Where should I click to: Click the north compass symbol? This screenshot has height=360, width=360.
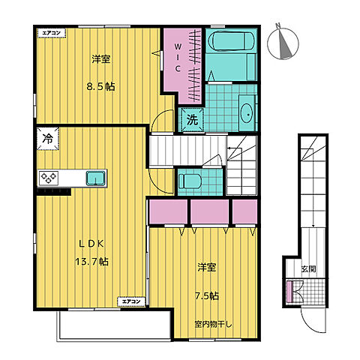pyautogui.click(x=283, y=43)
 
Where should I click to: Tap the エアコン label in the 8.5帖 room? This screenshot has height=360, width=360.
pyautogui.click(x=52, y=33)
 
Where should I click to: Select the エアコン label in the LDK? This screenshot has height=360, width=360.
pyautogui.click(x=131, y=301)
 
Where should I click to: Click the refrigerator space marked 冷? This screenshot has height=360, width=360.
pyautogui.click(x=48, y=139)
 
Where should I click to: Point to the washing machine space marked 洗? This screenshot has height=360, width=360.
pyautogui.click(x=192, y=120)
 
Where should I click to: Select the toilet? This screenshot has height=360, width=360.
pyautogui.click(x=190, y=181)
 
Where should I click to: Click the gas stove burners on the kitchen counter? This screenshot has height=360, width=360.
pyautogui.click(x=49, y=178)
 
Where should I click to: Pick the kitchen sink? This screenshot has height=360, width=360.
pyautogui.click(x=96, y=178)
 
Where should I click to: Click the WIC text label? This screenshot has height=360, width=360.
pyautogui.click(x=178, y=58)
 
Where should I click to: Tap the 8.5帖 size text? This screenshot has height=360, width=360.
pyautogui.click(x=100, y=87)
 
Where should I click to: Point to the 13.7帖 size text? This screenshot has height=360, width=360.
pyautogui.click(x=92, y=262)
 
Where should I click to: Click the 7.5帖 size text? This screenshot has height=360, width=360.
pyautogui.click(x=207, y=296)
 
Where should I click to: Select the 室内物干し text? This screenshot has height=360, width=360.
pyautogui.click(x=213, y=325)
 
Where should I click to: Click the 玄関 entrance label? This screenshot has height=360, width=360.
pyautogui.click(x=309, y=269)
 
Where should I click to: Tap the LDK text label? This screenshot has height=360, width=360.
pyautogui.click(x=91, y=244)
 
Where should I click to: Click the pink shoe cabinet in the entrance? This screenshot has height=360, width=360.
pyautogui.click(x=289, y=292)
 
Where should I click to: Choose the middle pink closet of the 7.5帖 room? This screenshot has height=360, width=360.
pyautogui.click(x=210, y=211)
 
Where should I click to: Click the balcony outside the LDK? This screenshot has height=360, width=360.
pyautogui.click(x=115, y=325)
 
